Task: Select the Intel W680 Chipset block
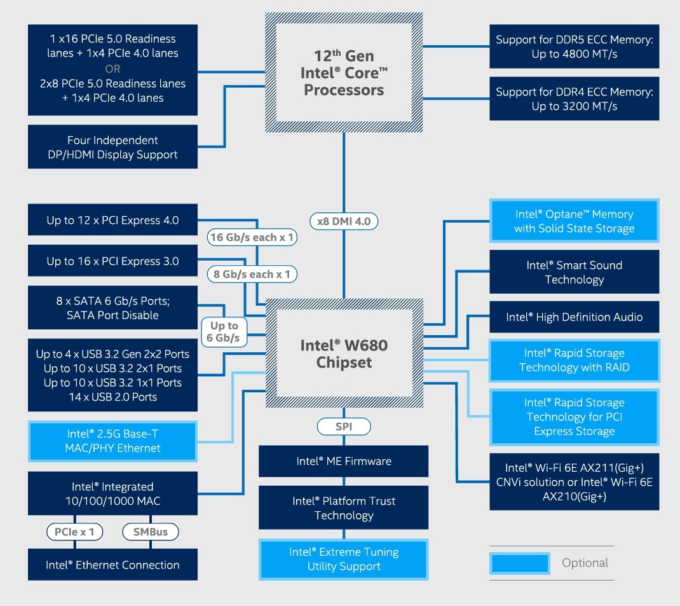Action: tap(343, 354)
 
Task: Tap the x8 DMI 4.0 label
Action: tap(344, 221)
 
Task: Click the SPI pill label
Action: tap(343, 427)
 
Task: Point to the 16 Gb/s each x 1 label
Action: tap(252, 237)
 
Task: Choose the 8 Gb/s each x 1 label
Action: tap(252, 274)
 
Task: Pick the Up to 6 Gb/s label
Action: tap(224, 331)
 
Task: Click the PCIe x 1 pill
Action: tap(75, 531)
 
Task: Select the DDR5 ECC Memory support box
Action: tap(574, 46)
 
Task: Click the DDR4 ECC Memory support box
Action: tap(574, 99)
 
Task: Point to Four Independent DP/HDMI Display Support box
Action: tap(112, 147)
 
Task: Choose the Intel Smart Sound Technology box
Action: tap(574, 272)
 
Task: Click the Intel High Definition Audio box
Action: tap(574, 317)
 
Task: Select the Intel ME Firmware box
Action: tap(343, 461)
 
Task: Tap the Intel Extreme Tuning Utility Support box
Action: tap(343, 559)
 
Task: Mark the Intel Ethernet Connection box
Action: tap(112, 565)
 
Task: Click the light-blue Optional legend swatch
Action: tap(520, 563)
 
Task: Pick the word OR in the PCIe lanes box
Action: tap(112, 69)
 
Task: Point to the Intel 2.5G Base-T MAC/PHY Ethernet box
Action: tap(112, 441)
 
